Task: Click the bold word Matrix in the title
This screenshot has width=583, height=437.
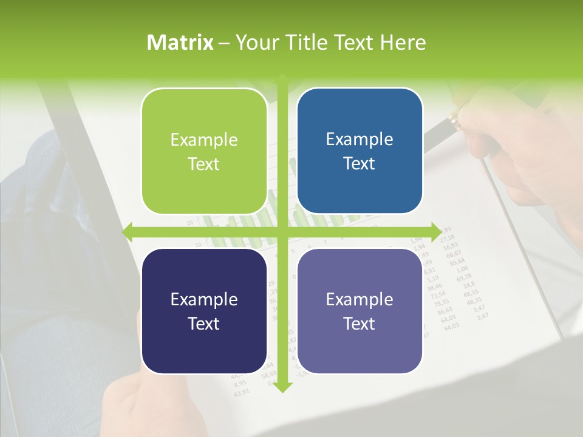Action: click(x=180, y=42)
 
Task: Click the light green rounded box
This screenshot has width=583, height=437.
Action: click(x=204, y=151)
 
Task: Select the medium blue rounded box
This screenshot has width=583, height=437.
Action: click(x=360, y=151)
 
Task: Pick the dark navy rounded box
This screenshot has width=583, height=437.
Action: click(x=204, y=311)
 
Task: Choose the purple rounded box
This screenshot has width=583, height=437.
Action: click(x=360, y=311)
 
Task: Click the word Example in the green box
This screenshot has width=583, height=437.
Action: click(x=204, y=140)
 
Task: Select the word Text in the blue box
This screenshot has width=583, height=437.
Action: click(x=360, y=164)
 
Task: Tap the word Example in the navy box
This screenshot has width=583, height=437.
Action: click(x=204, y=300)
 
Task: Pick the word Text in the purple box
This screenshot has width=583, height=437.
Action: click(x=360, y=324)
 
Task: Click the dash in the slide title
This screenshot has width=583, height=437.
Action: click(x=224, y=43)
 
